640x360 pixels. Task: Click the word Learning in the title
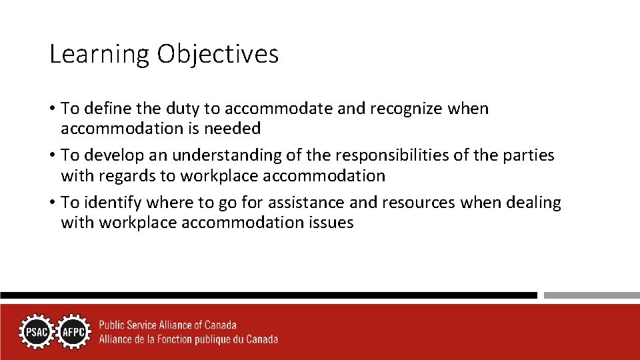[x=99, y=55]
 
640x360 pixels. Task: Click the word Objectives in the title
[x=218, y=55]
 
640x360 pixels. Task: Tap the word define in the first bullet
[x=106, y=109]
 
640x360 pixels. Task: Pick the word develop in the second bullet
[x=115, y=155]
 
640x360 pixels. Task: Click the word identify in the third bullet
[x=113, y=202]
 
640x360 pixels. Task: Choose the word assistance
[x=300, y=202]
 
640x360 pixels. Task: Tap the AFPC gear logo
[x=73, y=332]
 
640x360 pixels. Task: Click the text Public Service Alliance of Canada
[x=167, y=325]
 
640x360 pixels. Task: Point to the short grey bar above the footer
[x=591, y=295]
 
